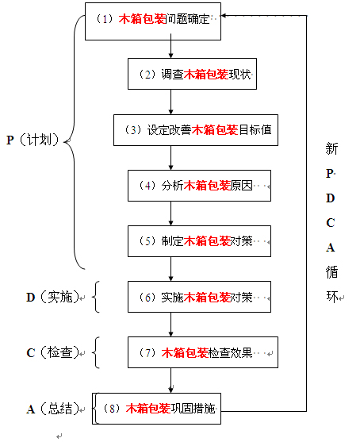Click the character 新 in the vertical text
tap(331, 148)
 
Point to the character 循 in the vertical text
tap(331, 272)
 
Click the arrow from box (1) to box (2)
tap(171, 48)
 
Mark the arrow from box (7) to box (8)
tap(171, 380)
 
